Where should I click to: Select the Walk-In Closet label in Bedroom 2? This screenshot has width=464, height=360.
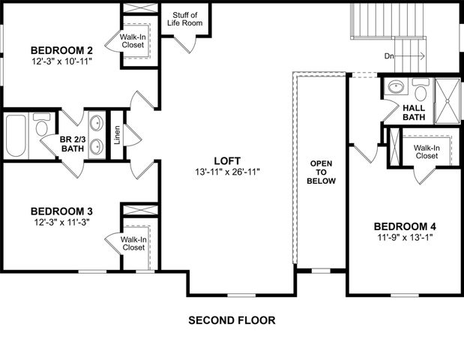tap(132, 40)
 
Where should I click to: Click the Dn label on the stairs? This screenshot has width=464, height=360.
tap(388, 55)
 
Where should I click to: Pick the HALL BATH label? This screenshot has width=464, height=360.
tap(414, 112)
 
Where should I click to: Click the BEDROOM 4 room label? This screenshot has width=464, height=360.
tap(405, 226)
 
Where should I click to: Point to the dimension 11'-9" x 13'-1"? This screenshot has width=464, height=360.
tap(405, 238)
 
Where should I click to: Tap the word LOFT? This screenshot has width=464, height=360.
tap(226, 160)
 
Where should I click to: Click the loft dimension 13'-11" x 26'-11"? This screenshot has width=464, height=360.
tap(226, 172)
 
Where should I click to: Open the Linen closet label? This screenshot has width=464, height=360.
tap(116, 135)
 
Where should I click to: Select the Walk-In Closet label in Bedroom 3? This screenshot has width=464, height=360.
tap(133, 242)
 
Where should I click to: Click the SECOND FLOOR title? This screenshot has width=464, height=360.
tap(231, 320)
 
